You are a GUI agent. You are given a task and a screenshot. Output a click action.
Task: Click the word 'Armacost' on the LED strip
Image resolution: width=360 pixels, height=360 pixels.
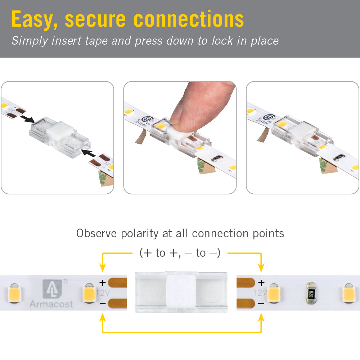pos(51,304)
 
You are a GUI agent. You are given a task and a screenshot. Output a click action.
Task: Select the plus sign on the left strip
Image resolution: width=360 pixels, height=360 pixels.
pos(103,283)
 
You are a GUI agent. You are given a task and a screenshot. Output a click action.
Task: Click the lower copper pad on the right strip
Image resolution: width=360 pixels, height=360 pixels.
pos(243,303)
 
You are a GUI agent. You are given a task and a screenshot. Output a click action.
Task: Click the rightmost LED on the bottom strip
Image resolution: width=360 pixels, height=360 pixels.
pos(349,293)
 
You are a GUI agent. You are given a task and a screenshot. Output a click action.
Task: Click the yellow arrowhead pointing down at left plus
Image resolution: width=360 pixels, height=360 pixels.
pos(103,268)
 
